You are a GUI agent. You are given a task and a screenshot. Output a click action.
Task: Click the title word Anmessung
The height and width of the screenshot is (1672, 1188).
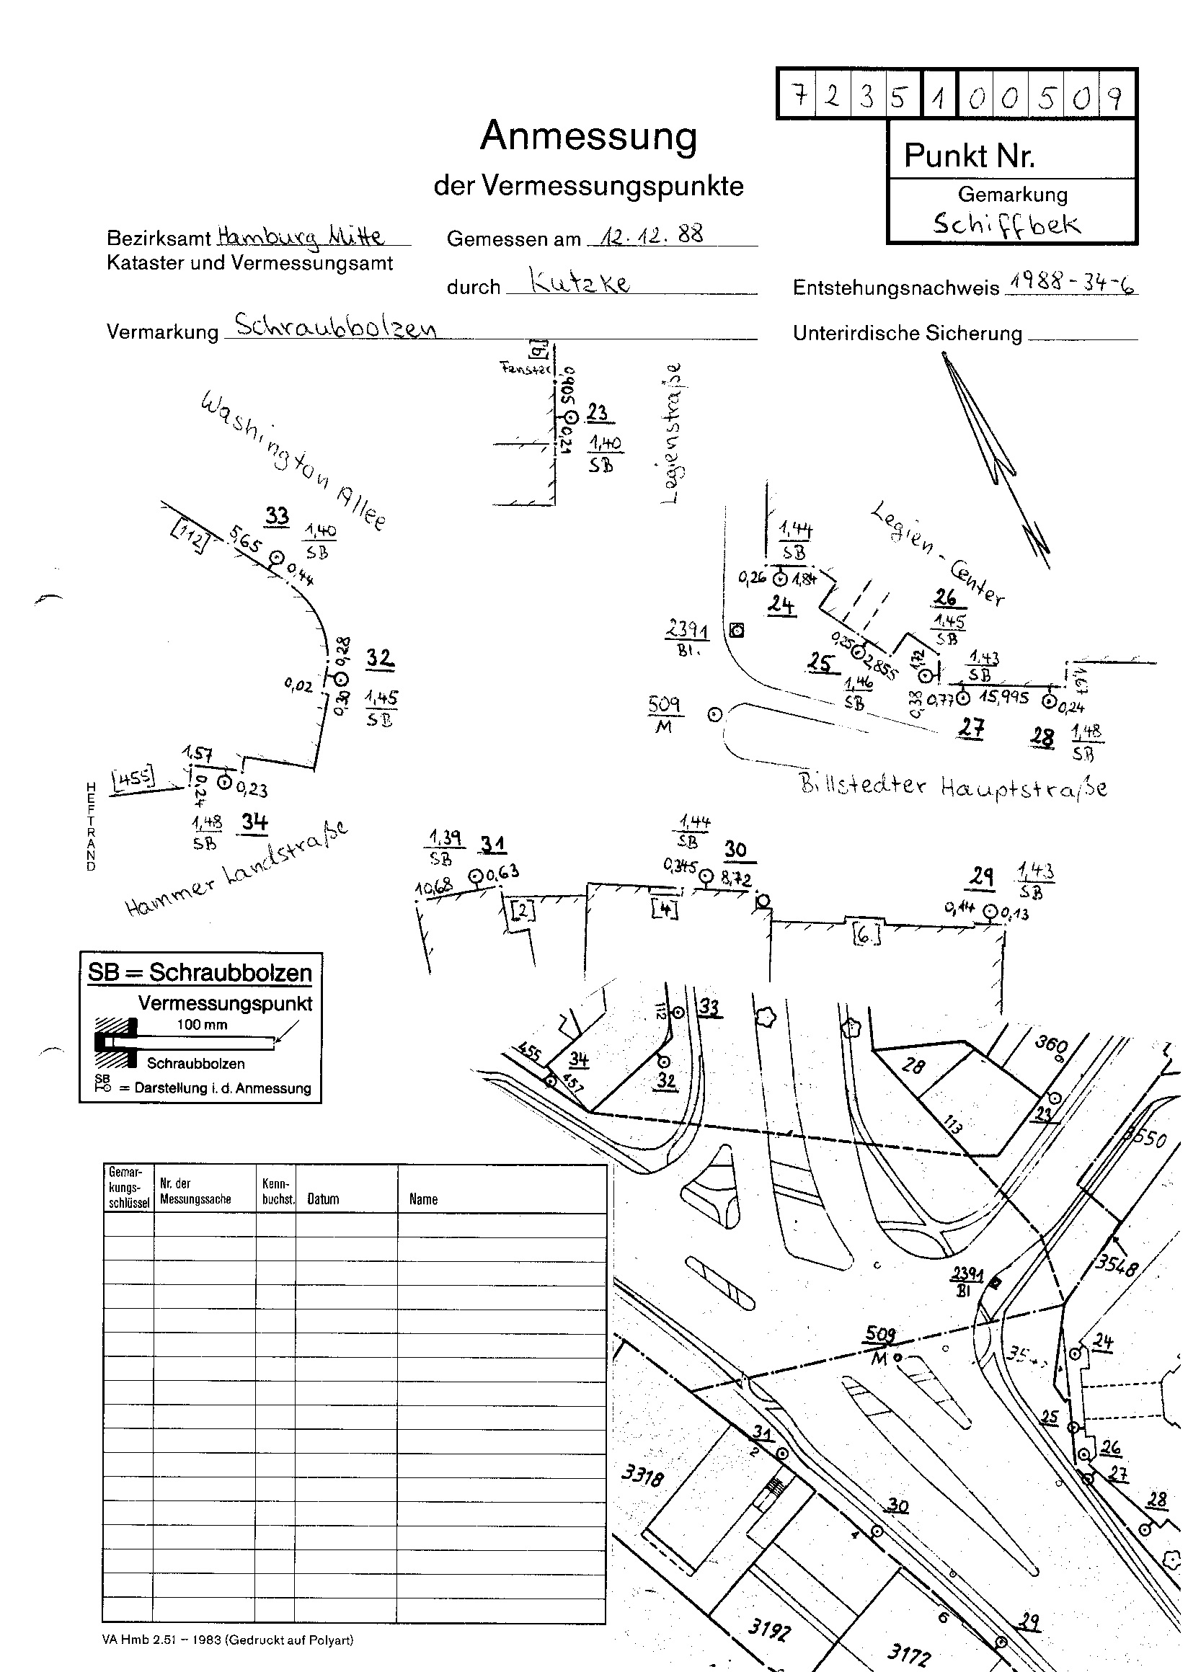(x=588, y=137)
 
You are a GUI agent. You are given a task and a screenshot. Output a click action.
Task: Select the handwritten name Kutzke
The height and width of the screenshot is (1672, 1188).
(x=580, y=283)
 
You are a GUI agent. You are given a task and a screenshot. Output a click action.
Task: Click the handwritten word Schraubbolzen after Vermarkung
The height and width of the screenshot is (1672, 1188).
(x=336, y=326)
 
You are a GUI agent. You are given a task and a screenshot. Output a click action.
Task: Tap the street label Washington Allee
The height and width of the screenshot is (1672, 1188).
(x=293, y=461)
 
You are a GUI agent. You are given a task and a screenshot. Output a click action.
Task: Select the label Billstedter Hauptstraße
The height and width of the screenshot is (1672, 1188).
(x=953, y=786)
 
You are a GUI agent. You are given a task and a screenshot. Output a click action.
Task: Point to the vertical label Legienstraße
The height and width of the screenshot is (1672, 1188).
(x=674, y=433)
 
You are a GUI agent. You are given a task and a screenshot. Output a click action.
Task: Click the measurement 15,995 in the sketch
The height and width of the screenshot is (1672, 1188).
(x=1003, y=698)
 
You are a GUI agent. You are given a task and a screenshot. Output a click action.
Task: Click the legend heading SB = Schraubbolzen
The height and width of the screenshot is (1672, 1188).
(x=200, y=972)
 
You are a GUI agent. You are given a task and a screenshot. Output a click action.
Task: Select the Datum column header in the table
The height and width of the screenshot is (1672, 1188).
(x=323, y=1199)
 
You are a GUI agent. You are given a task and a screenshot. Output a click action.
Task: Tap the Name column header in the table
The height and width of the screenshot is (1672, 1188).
(x=423, y=1199)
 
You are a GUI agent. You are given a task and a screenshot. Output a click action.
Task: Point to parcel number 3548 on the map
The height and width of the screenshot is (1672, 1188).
(x=1117, y=1265)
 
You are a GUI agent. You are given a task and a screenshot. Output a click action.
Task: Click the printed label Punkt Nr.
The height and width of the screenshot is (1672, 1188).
(x=970, y=155)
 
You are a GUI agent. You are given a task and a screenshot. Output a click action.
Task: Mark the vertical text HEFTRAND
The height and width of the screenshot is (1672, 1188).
(x=91, y=827)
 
